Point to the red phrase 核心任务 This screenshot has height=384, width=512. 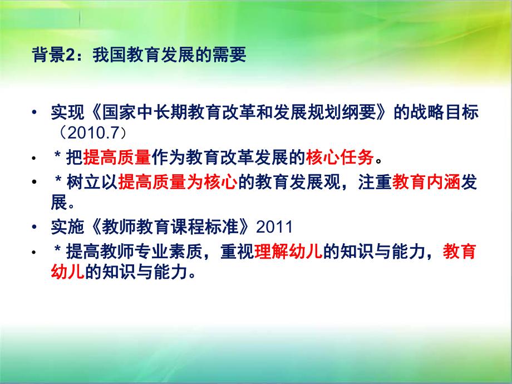[x=339, y=159]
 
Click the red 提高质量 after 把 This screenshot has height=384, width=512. [x=117, y=159]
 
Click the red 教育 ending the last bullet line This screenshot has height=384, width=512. [x=460, y=252]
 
